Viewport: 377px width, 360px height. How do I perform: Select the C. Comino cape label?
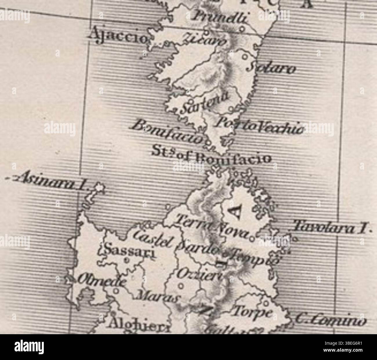click(330, 321)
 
